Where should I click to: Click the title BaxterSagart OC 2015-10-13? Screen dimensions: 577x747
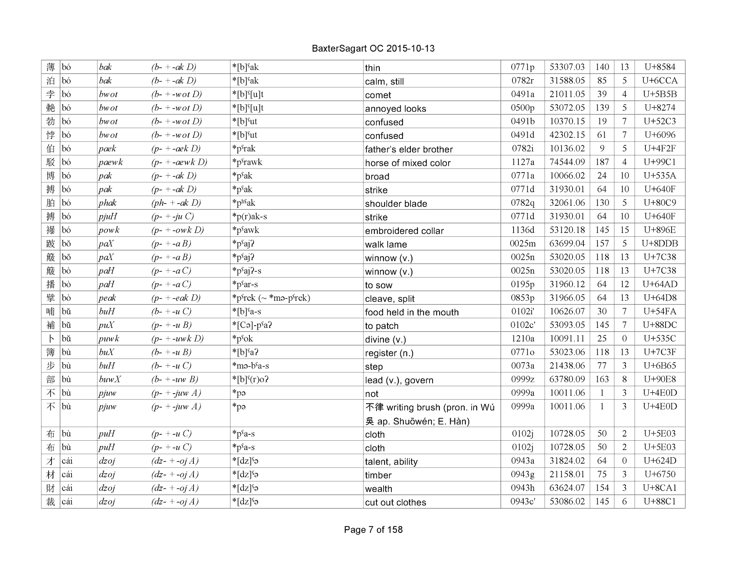click(x=373, y=49)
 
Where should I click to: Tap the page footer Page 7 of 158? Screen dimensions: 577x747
click(x=373, y=530)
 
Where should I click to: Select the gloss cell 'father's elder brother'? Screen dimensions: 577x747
click(x=409, y=149)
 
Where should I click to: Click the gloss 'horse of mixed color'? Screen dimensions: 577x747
click(x=407, y=163)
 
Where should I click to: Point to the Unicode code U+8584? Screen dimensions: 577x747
click(x=660, y=67)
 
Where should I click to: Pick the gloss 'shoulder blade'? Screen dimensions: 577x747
click(x=396, y=204)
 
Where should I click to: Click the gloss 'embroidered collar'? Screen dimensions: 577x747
click(x=404, y=231)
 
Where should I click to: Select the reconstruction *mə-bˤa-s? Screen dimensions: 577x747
click(x=250, y=366)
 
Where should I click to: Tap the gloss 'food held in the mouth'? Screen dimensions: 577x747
click(x=412, y=312)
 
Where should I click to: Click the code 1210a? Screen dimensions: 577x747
click(x=523, y=339)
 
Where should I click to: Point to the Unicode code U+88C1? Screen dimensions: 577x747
click(x=660, y=502)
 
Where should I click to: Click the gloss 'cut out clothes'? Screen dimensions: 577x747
click(x=395, y=502)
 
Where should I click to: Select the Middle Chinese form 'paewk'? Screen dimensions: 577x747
click(x=111, y=162)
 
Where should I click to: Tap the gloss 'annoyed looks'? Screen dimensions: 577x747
click(x=395, y=109)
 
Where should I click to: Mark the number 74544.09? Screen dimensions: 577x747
click(x=567, y=162)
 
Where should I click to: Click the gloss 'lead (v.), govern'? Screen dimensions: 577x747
click(x=399, y=380)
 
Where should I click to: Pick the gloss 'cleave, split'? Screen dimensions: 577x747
click(x=390, y=299)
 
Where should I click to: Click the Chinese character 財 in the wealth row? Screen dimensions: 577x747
click(x=50, y=488)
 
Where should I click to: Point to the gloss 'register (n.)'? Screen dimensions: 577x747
click(x=389, y=353)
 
